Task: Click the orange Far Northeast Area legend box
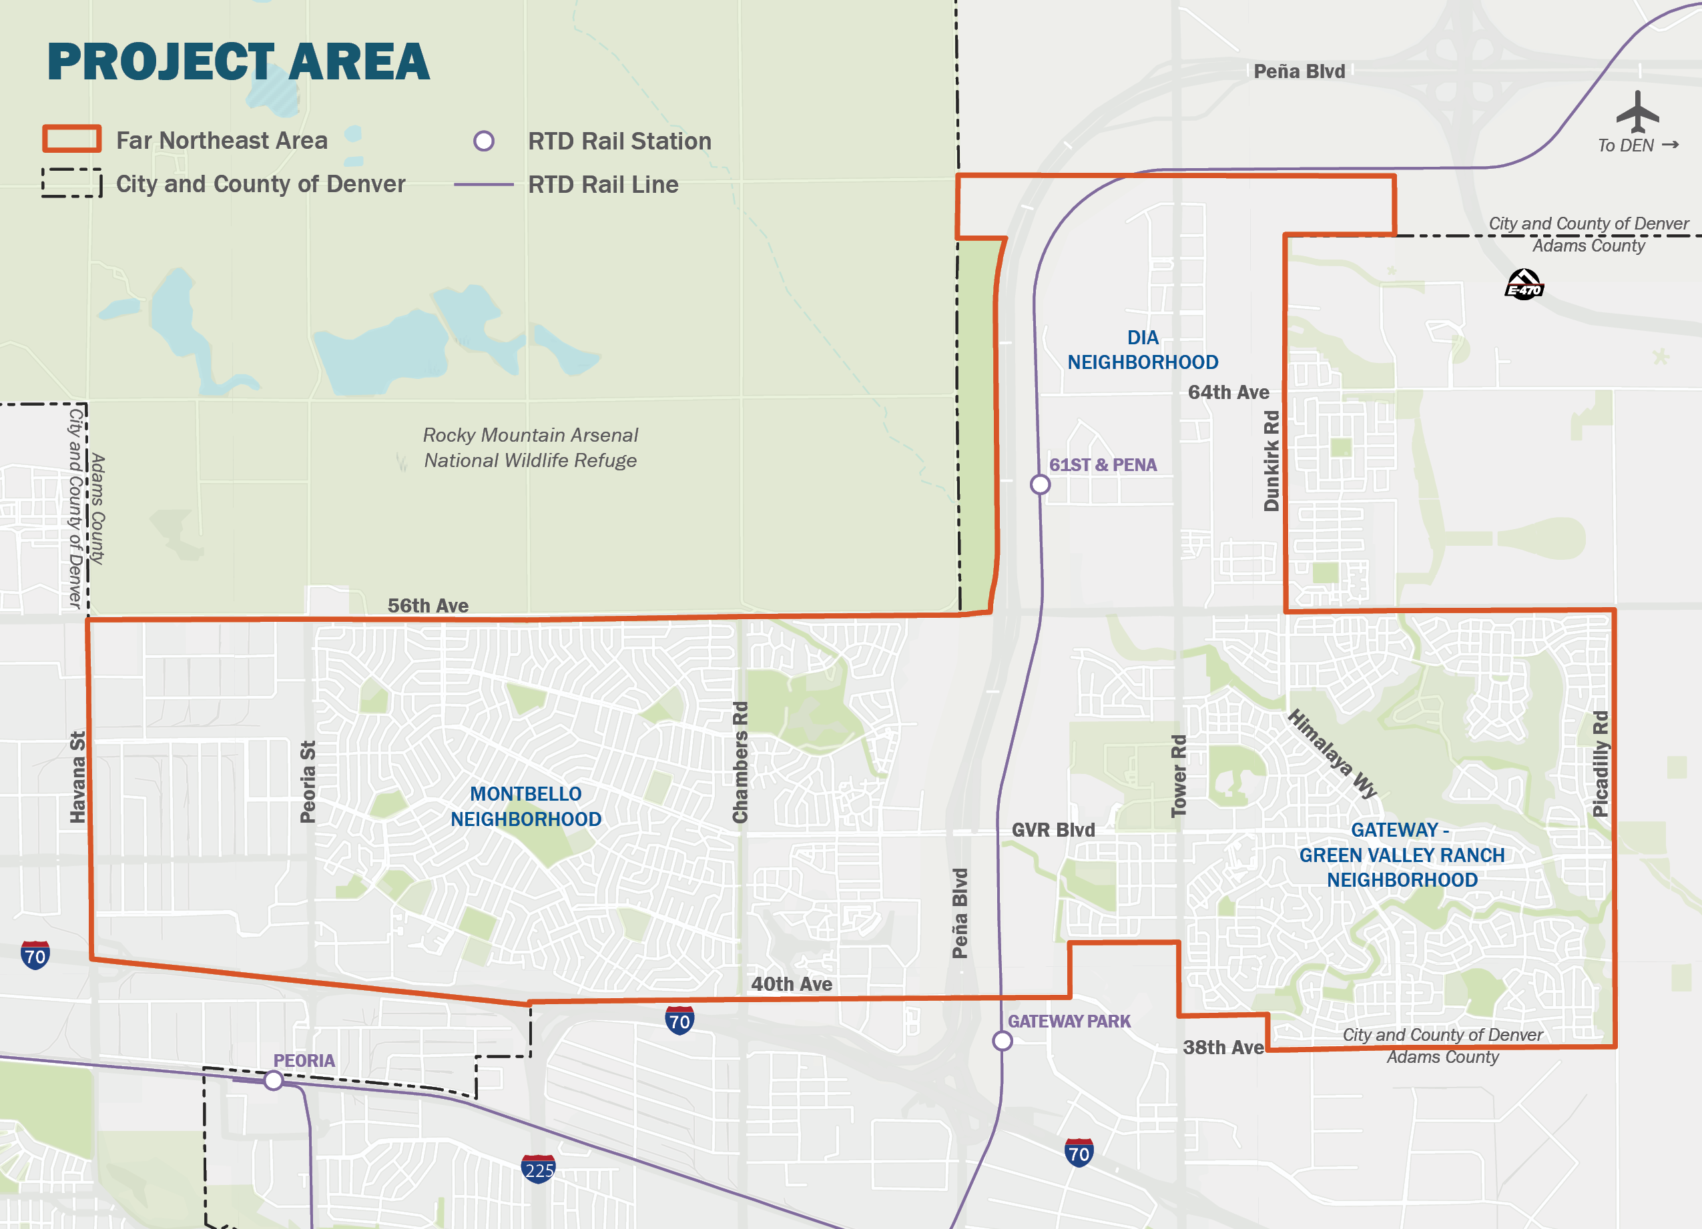71,139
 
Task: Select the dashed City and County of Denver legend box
71,182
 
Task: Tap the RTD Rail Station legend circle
484,141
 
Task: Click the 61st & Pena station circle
1040,484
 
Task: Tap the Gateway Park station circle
1003,1041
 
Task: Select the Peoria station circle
274,1080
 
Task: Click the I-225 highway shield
538,1169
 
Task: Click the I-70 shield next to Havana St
35,955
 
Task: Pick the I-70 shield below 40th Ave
679,1020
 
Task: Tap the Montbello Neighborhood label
525,807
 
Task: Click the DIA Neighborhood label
1142,350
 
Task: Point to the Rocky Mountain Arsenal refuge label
530,448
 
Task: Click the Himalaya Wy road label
1332,754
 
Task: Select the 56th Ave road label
428,606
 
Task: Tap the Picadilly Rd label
1600,764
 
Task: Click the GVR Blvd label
1053,830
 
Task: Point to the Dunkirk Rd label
1271,460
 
